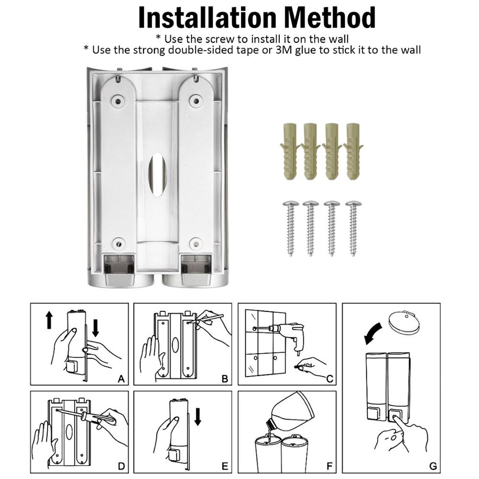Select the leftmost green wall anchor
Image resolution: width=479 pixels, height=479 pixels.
tap(288, 151)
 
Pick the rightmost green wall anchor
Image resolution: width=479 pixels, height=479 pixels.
tap(354, 151)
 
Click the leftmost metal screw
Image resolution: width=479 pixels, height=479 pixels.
tap(290, 228)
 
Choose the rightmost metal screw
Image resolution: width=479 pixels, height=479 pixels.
tap(354, 228)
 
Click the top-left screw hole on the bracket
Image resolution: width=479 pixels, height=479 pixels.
tap(116, 100)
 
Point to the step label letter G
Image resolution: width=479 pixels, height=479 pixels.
tap(433, 466)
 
